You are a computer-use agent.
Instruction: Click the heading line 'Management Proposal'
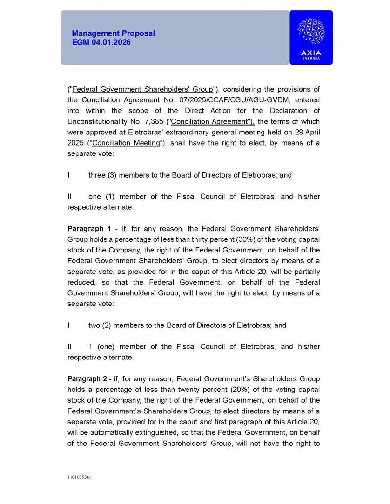113,33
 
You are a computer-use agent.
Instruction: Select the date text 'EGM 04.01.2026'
101,42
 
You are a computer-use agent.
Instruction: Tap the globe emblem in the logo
311,32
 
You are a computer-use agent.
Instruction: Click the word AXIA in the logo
311,53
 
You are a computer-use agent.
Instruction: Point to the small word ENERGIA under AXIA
311,59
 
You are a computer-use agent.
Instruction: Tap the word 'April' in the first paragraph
310,133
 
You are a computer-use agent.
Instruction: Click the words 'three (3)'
102,175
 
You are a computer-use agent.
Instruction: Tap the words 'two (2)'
100,325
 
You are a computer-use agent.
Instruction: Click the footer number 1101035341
79,477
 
